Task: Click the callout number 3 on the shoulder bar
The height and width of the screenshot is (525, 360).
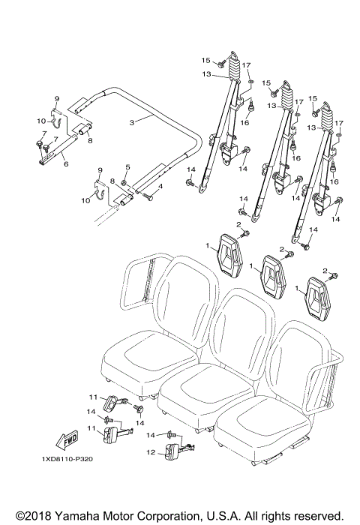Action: (131, 121)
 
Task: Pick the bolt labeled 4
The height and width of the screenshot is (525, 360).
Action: (148, 197)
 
